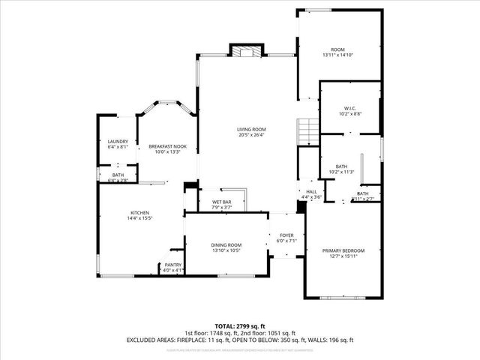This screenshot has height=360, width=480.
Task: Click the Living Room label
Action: click(x=252, y=129)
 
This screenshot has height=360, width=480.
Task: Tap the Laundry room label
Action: click(x=118, y=142)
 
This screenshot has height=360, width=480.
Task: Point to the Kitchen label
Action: click(x=139, y=212)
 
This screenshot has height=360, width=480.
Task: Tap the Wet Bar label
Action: click(x=220, y=202)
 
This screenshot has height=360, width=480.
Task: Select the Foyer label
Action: click(x=286, y=235)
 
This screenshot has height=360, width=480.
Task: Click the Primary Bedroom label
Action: click(x=343, y=250)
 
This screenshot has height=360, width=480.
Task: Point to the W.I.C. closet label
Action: click(x=349, y=108)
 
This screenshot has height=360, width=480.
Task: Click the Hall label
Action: click(x=311, y=192)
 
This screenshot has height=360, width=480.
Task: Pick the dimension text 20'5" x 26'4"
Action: click(x=252, y=135)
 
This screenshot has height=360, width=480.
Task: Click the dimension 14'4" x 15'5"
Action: click(x=139, y=218)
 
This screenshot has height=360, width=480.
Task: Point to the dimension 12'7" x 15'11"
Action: click(x=343, y=256)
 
